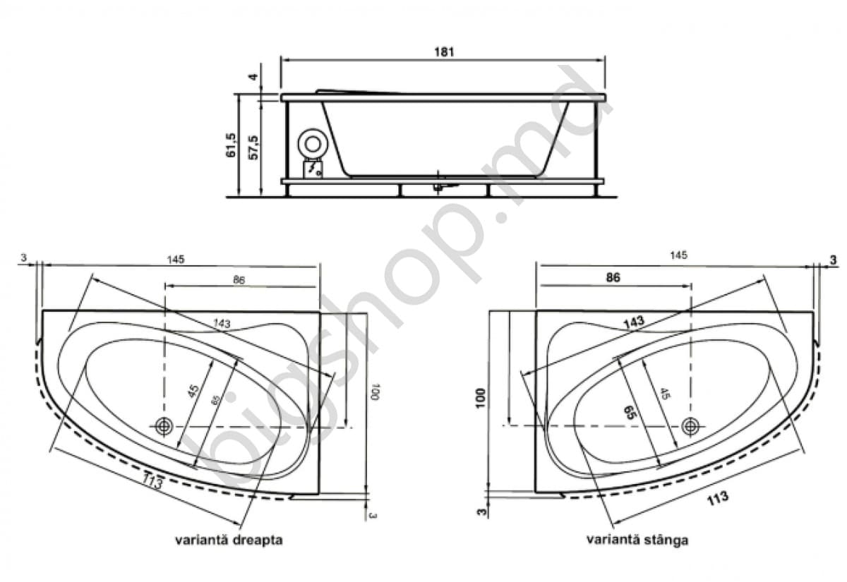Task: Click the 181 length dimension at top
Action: [x=443, y=51]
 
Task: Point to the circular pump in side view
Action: [x=311, y=144]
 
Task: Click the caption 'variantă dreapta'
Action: [x=229, y=540]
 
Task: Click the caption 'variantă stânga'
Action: [x=637, y=540]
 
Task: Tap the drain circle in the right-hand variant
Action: [x=164, y=426]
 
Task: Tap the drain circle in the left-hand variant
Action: [x=690, y=425]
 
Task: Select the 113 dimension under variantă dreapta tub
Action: [x=153, y=481]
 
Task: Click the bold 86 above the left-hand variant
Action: [x=613, y=278]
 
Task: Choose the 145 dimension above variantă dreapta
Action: [x=176, y=259]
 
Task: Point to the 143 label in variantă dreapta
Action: [x=221, y=324]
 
